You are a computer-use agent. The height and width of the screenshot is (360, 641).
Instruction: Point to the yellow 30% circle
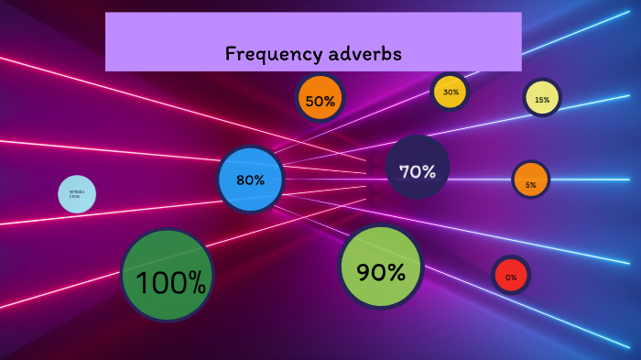pos(450,92)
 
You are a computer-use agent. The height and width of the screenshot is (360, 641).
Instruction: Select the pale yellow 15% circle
pos(542,98)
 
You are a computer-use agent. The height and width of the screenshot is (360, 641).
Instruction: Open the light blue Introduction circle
pos(77,194)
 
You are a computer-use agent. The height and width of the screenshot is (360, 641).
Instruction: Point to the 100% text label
pos(170,282)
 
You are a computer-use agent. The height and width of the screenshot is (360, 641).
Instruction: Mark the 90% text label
pos(381,272)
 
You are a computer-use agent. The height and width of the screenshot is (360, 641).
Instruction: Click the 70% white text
pos(418,171)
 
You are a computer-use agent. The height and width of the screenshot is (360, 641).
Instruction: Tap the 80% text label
pos(250,180)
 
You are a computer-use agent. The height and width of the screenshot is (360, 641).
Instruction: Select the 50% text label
pos(320,101)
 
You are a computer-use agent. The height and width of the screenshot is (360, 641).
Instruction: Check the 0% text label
pos(511,277)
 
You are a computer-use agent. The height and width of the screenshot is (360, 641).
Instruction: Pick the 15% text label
pos(542,100)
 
